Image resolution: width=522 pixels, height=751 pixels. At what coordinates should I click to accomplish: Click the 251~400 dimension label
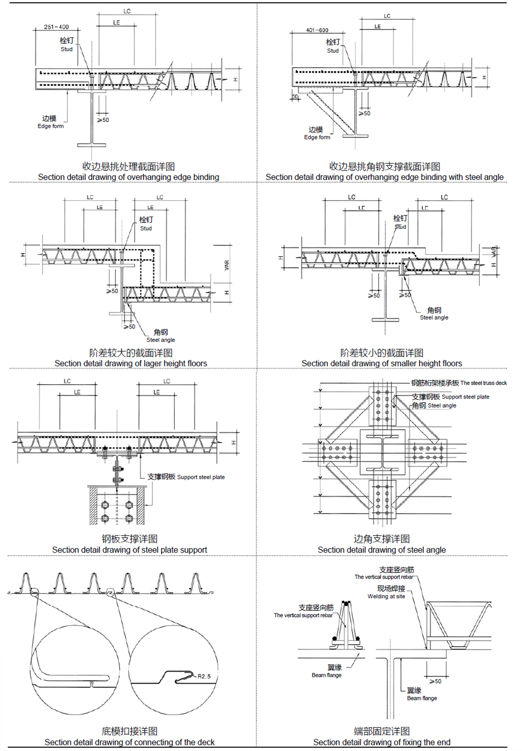[x=56, y=27]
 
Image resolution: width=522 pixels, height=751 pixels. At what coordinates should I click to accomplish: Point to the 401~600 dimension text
[x=317, y=30]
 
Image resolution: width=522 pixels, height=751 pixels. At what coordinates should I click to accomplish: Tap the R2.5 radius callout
[x=204, y=676]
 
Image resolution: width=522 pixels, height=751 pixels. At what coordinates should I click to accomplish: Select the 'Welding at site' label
[x=386, y=597]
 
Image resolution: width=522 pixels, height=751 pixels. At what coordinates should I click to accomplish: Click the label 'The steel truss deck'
[x=483, y=383]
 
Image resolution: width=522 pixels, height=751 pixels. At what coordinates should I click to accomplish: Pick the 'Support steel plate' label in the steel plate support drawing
[x=201, y=477]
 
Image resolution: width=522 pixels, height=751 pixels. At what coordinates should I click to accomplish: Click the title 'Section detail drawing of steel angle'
[x=381, y=550]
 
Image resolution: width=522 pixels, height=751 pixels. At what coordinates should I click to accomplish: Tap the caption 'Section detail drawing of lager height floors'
[x=130, y=363]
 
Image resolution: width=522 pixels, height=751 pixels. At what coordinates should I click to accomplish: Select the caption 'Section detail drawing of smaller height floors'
[x=381, y=363]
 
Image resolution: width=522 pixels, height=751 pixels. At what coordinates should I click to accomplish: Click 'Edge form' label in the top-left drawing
[x=50, y=126]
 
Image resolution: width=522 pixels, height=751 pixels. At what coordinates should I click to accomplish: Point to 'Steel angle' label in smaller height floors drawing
[x=434, y=318]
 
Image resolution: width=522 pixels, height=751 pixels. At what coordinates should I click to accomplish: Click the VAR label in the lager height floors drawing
[x=227, y=265]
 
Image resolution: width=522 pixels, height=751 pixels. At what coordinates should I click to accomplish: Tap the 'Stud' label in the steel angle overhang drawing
[x=333, y=51]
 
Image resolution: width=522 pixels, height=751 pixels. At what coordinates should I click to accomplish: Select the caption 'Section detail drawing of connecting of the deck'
[x=130, y=742]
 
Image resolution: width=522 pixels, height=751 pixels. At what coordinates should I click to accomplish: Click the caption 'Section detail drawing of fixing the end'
[x=381, y=742]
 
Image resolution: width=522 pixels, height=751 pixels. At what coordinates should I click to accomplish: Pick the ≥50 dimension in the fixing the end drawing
[x=435, y=681]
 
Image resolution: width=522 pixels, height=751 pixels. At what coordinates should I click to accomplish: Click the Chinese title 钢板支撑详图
[x=130, y=539]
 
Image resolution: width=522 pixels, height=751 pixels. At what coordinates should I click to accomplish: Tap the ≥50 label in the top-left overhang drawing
[x=103, y=120]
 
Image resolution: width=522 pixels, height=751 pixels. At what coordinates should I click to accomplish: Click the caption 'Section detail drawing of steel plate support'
[x=130, y=550]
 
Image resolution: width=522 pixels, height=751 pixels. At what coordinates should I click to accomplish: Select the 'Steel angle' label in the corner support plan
[x=442, y=406]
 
